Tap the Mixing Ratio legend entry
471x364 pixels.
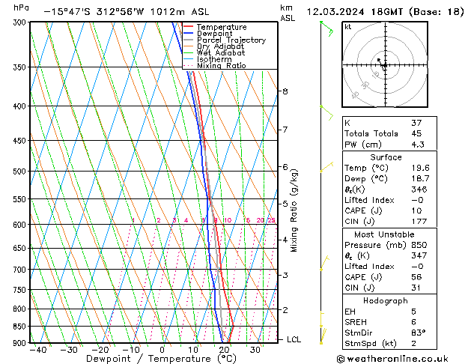[x=220, y=66]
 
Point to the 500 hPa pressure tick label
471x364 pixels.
[x=19, y=172]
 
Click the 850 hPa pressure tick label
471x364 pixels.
[x=19, y=327]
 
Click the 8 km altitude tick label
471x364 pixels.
[x=285, y=91]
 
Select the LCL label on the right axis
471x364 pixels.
[x=294, y=339]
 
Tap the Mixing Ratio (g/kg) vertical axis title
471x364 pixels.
[x=294, y=210]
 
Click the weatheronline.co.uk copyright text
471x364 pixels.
[x=404, y=359]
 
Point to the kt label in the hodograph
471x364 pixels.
[x=348, y=26]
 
